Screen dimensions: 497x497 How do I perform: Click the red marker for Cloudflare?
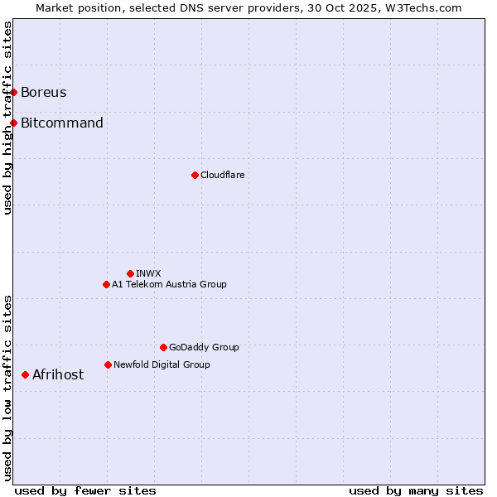point(195,175)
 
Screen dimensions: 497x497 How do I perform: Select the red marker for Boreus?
point(14,92)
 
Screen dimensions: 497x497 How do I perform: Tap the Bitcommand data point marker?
point(14,123)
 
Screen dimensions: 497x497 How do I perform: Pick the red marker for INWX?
point(130,273)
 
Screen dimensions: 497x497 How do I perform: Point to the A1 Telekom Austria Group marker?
point(106,284)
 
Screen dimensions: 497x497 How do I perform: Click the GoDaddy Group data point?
point(163,347)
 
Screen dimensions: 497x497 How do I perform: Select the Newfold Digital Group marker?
point(108,364)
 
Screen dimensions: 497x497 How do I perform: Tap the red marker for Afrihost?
point(26,375)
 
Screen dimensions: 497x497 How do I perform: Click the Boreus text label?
point(44,92)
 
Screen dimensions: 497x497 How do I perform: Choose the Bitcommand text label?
point(62,123)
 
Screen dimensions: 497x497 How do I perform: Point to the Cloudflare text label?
point(222,175)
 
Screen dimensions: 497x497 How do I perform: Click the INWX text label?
point(148,273)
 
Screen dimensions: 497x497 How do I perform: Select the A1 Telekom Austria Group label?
point(169,284)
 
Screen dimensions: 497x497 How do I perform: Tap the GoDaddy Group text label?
point(204,347)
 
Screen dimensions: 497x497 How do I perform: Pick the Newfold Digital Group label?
point(162,364)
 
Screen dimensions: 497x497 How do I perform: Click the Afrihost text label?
point(58,375)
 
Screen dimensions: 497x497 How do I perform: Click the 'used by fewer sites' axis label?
point(85,491)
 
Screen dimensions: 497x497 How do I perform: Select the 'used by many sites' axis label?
point(416,491)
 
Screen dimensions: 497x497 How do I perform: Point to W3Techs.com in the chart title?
point(421,7)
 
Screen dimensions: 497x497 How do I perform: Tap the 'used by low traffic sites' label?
point(8,388)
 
